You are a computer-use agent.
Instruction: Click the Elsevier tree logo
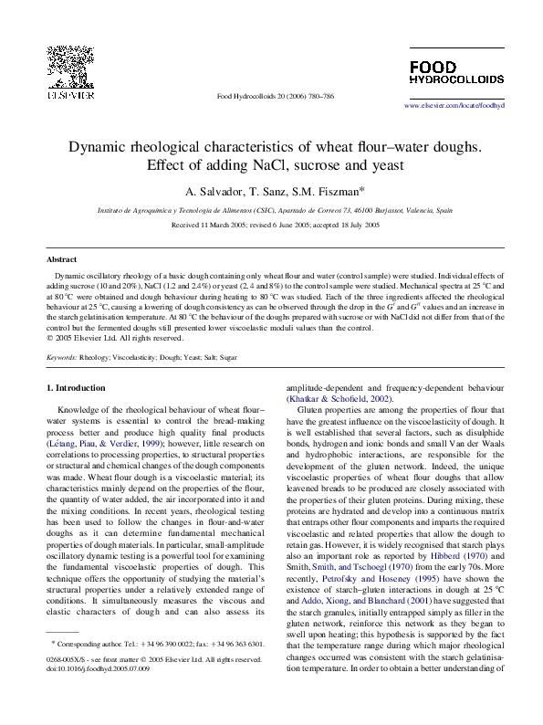coord(68,65)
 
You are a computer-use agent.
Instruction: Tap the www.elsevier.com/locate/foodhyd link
coord(454,107)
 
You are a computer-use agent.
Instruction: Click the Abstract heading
coord(61,260)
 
